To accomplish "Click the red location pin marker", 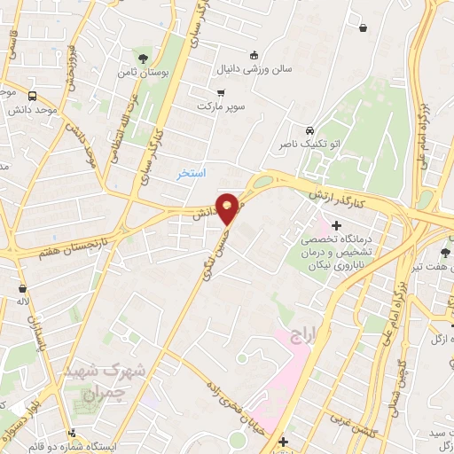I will (x=228, y=207).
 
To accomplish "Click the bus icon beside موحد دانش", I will (x=33, y=96).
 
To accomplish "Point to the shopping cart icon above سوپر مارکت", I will (x=220, y=92).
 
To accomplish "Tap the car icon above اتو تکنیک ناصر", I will (x=308, y=129).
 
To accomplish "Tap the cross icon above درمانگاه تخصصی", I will (x=336, y=227).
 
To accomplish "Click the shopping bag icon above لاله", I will (x=22, y=287).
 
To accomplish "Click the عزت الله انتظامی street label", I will (x=120, y=137).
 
